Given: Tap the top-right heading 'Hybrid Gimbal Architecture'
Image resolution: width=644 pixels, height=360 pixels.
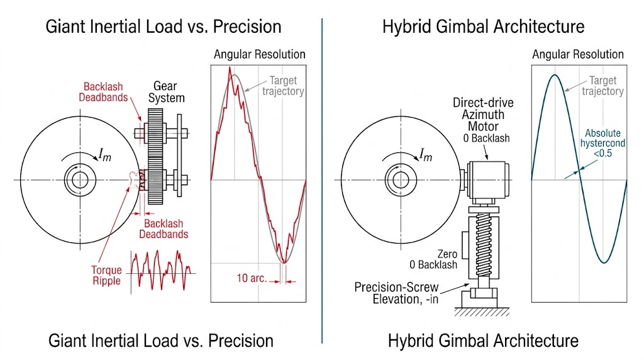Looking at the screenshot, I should (x=483, y=26).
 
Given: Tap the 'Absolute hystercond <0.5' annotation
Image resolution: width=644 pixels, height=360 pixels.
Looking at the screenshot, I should (x=604, y=144).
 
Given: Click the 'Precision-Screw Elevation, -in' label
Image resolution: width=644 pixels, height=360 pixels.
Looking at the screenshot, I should (x=396, y=293).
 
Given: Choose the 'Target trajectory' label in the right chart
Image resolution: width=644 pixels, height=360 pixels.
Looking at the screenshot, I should (x=602, y=86).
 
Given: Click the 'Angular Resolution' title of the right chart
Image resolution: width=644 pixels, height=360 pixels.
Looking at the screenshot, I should (x=578, y=54).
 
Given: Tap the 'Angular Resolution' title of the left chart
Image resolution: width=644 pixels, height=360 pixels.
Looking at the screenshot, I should (x=259, y=54).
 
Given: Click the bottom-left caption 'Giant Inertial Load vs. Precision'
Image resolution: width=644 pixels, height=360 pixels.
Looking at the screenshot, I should (x=160, y=340).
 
